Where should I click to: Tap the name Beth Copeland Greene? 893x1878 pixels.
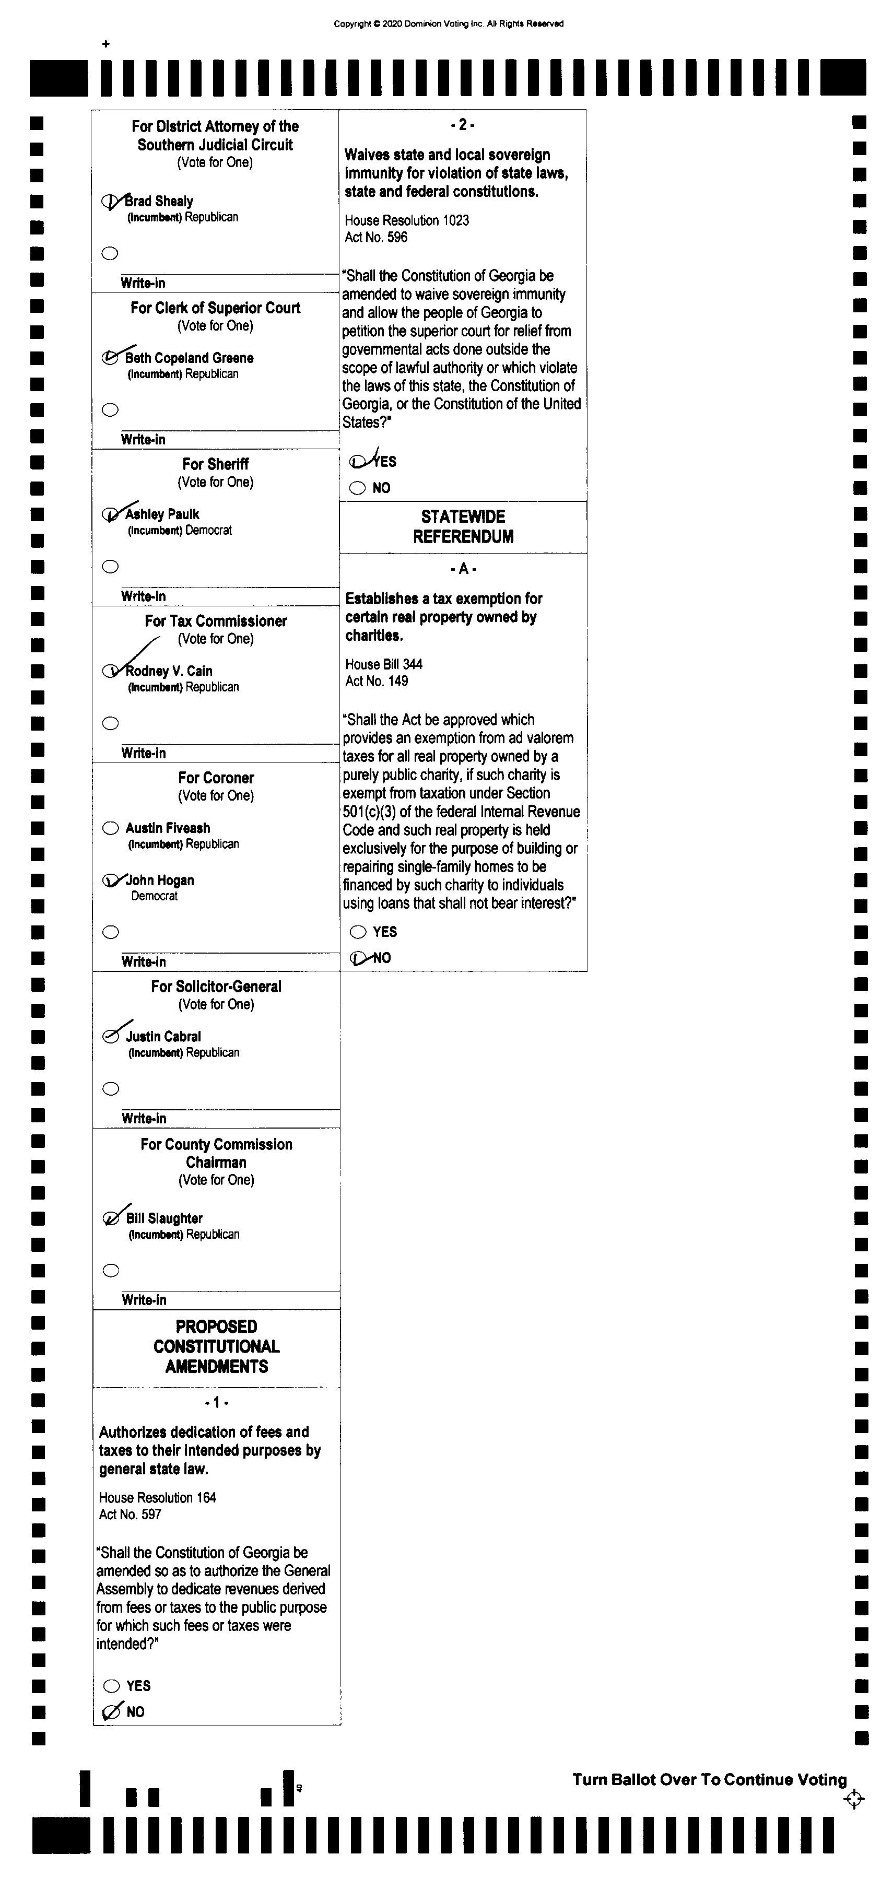click(189, 358)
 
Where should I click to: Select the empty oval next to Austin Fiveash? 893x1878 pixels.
click(111, 828)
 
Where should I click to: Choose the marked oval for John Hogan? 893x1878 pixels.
click(111, 881)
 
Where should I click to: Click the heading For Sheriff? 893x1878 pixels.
click(215, 464)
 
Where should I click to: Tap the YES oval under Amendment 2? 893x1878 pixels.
click(357, 462)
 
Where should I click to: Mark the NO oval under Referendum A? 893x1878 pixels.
click(358, 958)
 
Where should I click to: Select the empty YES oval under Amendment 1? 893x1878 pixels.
click(112, 1685)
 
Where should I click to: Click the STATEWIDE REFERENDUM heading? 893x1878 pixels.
click(463, 526)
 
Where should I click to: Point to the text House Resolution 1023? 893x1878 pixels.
click(407, 220)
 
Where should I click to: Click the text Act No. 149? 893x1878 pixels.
click(377, 681)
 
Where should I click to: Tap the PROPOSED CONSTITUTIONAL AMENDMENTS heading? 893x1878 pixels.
click(217, 1346)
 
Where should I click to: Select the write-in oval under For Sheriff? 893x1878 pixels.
click(111, 567)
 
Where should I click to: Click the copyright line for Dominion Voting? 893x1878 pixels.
click(448, 24)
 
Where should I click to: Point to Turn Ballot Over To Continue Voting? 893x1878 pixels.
click(709, 1780)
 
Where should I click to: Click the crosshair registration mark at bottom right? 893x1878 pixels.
click(854, 1799)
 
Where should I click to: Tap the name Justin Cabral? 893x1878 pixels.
click(163, 1037)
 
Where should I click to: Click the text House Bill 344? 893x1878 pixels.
click(383, 664)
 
